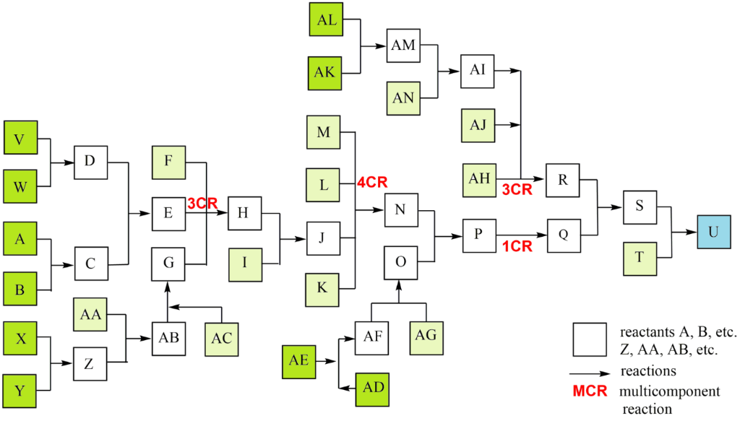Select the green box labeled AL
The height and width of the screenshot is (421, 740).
click(327, 20)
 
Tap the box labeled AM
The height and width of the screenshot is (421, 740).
click(403, 45)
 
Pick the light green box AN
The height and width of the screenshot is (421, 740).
click(403, 98)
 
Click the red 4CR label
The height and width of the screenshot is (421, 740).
click(372, 183)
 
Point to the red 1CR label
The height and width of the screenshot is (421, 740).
click(517, 246)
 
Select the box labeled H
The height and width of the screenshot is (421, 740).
click(244, 212)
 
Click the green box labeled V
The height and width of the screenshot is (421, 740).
click(21, 139)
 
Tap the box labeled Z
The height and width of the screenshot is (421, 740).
click(90, 363)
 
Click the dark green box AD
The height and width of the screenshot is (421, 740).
click(373, 386)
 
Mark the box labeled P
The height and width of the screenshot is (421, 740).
click(478, 235)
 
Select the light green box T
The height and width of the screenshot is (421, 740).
click(639, 258)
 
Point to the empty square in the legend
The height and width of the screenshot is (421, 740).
click(590, 339)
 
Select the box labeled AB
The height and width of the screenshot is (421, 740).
click(168, 338)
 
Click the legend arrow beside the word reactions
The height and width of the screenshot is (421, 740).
click(590, 373)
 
